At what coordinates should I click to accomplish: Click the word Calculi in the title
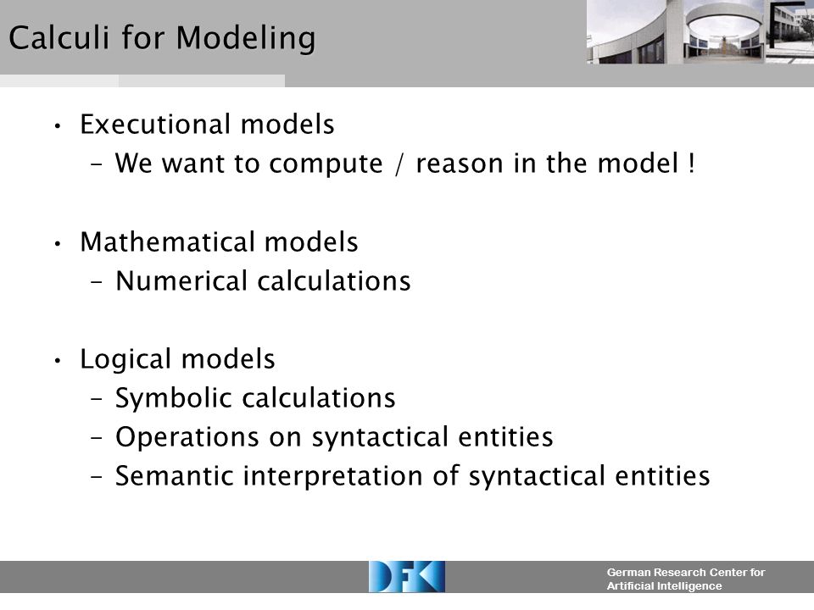coord(59,37)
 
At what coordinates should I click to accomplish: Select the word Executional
coord(155,124)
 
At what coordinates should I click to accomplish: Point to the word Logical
coord(125,360)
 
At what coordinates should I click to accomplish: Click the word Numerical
coord(181,280)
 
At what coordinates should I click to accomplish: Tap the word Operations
coord(187,438)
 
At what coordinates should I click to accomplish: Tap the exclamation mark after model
coord(691,163)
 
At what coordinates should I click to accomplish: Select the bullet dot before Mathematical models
coord(58,243)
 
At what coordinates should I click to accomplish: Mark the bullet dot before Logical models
coord(58,360)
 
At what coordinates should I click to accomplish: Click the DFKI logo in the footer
coord(406,577)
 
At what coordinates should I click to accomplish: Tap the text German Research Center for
coord(686,573)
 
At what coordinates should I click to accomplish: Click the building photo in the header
coord(700,32)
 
